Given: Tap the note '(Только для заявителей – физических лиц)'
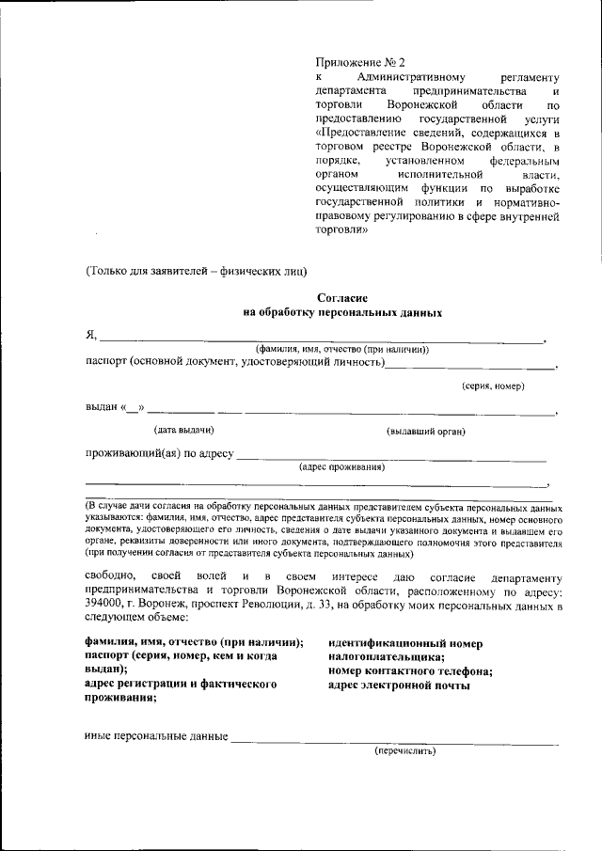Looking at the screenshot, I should [x=196, y=273].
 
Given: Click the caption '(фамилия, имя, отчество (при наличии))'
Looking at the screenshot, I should [x=336, y=349].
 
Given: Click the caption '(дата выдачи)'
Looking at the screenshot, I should [x=184, y=431].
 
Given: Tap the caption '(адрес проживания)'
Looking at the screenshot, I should [x=341, y=466].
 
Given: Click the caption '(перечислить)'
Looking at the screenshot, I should [x=405, y=751].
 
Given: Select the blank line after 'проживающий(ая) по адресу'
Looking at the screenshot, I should [x=390, y=458].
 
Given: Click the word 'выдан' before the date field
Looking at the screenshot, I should [x=101, y=408].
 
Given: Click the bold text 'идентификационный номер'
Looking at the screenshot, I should [x=405, y=644].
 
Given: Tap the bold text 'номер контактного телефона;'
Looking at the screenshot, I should [x=410, y=671].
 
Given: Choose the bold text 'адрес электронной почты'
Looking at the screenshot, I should [x=399, y=686].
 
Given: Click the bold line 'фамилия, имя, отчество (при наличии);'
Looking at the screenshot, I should [x=194, y=642].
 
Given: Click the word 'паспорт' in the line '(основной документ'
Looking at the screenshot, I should [x=105, y=362].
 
